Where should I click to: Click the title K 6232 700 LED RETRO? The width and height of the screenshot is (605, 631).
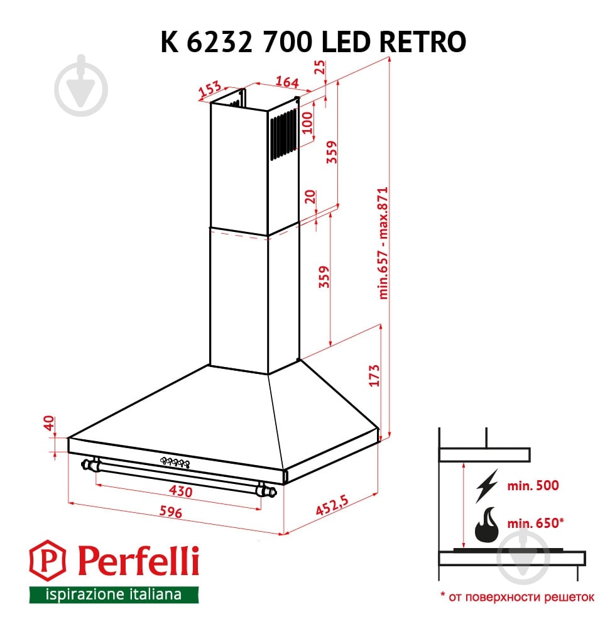313,41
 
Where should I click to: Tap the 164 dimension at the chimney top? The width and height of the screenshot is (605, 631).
286,82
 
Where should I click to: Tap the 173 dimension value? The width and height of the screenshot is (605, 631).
374,376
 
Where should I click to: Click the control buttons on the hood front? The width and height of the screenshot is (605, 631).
175,463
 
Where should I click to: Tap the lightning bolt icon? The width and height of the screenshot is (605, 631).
486,485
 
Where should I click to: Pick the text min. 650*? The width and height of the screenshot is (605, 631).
535,523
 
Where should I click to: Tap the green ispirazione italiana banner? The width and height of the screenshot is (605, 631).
114,594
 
